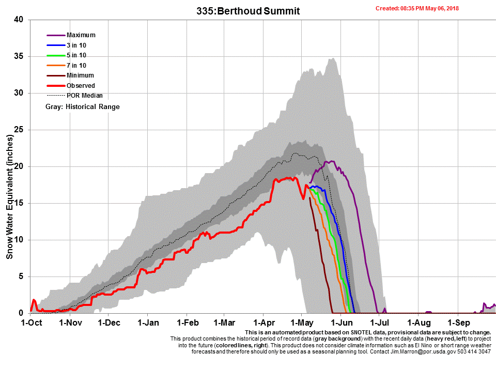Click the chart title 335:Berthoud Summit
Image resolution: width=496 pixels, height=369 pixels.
248,11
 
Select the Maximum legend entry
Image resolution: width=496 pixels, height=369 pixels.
81,35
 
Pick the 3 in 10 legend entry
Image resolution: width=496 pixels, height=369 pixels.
76,45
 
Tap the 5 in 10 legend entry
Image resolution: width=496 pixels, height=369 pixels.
76,55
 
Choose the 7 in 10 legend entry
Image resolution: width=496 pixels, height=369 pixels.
76,66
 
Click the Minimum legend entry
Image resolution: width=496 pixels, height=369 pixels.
80,75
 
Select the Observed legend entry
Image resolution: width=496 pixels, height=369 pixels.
81,86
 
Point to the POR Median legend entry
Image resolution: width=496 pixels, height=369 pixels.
84,96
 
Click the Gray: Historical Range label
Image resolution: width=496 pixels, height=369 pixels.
83,107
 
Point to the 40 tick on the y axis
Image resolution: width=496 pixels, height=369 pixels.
19,20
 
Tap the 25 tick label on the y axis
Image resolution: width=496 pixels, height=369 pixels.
19,130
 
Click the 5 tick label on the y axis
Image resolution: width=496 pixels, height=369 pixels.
21,276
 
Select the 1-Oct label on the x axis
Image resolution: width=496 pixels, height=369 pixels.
31,323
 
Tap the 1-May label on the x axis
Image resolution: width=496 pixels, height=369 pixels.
301,323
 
